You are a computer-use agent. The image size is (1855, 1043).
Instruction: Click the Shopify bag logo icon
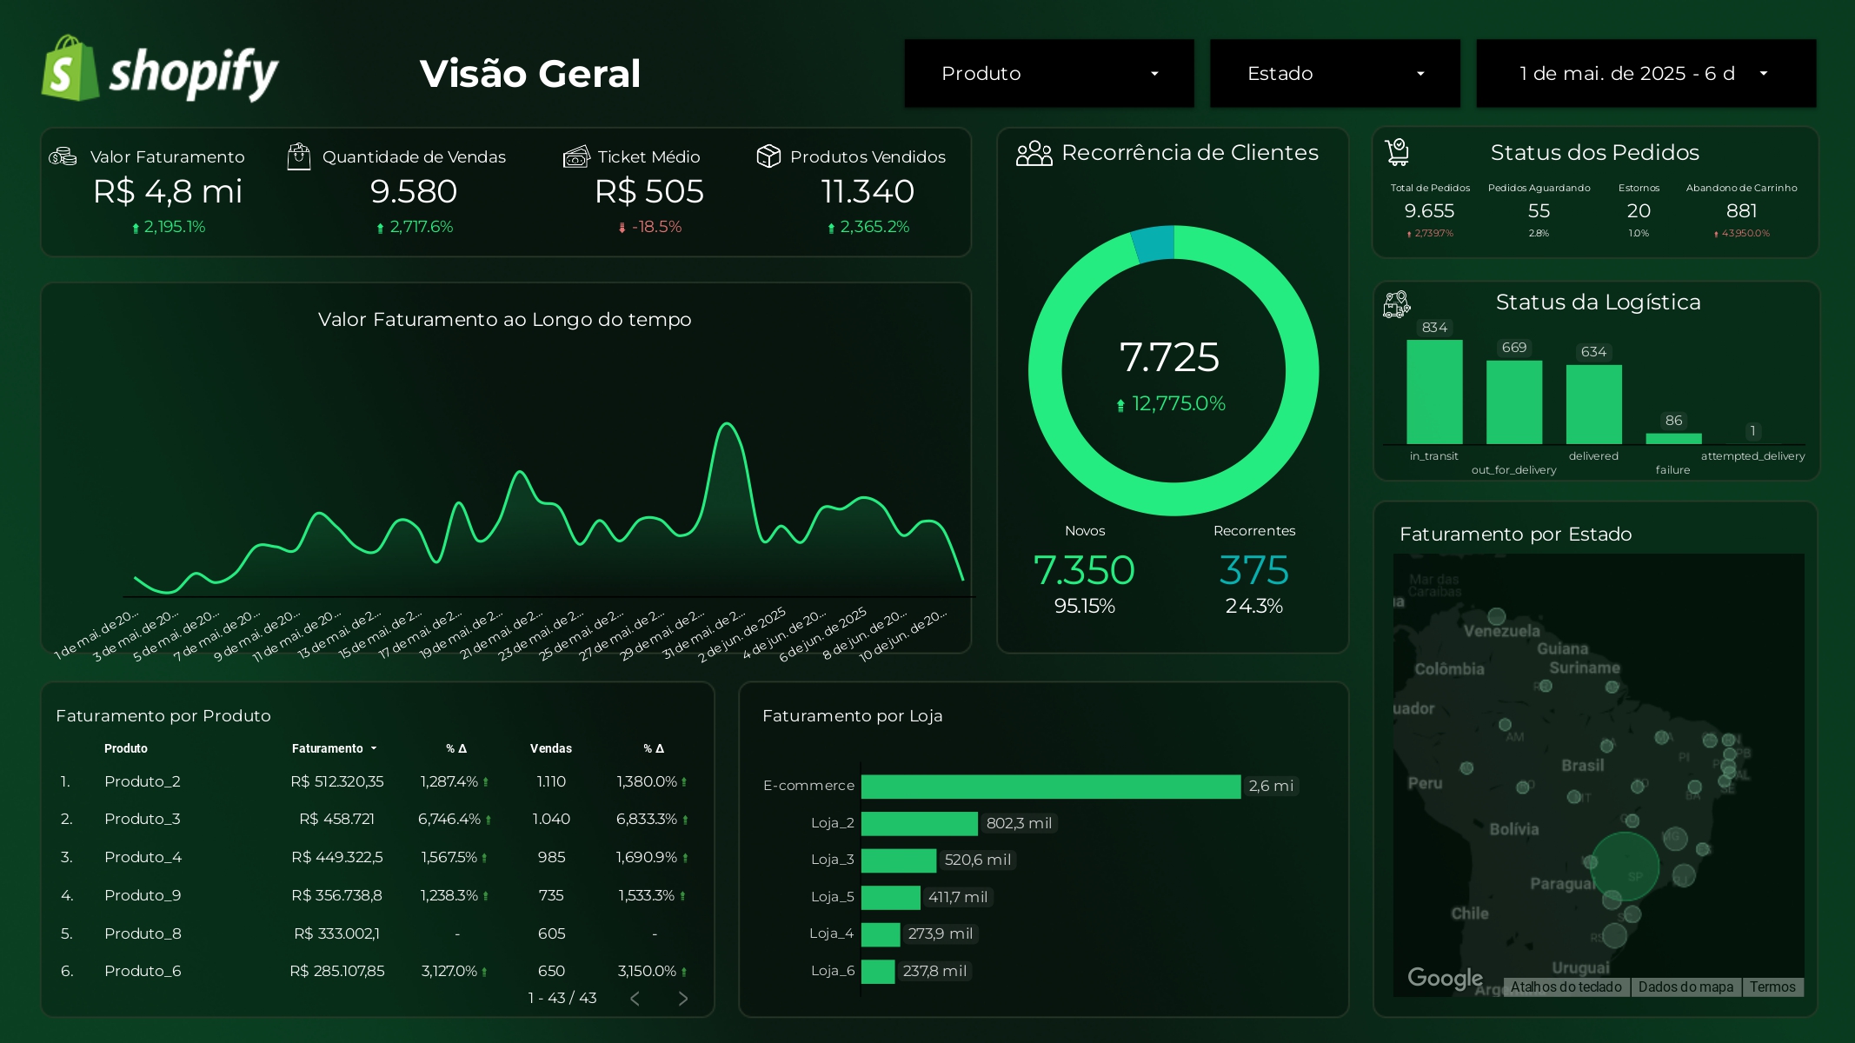pyautogui.click(x=70, y=70)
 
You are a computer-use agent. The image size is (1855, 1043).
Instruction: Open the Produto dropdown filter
pyautogui.click(x=1048, y=74)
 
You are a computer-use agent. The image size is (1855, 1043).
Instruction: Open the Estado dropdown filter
pyautogui.click(x=1334, y=74)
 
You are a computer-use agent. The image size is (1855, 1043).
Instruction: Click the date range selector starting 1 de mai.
pyautogui.click(x=1645, y=74)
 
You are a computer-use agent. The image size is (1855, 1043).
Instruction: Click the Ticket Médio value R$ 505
pyautogui.click(x=648, y=192)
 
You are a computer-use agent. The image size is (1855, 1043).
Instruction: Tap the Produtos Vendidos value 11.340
pyautogui.click(x=867, y=192)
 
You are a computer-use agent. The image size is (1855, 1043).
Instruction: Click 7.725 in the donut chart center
pyautogui.click(x=1169, y=357)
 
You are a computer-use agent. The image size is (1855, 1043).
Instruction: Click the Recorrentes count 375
pyautogui.click(x=1253, y=571)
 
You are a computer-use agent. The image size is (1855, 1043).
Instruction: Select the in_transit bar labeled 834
pyautogui.click(x=1434, y=392)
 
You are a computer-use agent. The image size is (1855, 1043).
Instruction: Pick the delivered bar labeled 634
pyautogui.click(x=1593, y=404)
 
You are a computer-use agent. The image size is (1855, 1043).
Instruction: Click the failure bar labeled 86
pyautogui.click(x=1673, y=438)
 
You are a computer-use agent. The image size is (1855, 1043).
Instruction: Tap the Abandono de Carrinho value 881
pyautogui.click(x=1741, y=211)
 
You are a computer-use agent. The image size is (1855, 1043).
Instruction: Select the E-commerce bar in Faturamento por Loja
pyautogui.click(x=1050, y=786)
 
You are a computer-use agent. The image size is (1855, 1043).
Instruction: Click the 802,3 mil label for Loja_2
pyautogui.click(x=1019, y=823)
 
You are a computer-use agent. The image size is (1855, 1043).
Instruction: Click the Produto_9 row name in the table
pyautogui.click(x=143, y=895)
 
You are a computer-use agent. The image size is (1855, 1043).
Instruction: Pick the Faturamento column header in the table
pyautogui.click(x=328, y=748)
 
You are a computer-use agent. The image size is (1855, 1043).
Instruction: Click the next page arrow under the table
pyautogui.click(x=683, y=999)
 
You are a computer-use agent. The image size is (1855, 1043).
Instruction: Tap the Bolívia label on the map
pyautogui.click(x=1513, y=829)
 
